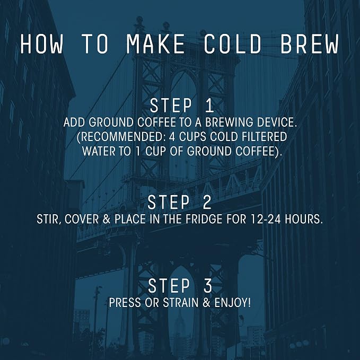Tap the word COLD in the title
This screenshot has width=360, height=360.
(233, 43)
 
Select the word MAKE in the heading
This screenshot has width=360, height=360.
(156, 43)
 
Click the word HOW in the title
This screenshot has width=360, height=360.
(41, 43)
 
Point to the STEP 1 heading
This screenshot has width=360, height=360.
(182, 106)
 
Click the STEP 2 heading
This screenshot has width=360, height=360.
(180, 203)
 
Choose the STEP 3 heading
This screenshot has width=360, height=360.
(180, 286)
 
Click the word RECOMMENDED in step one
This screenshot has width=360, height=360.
(122, 137)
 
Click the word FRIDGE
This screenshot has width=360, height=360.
(204, 219)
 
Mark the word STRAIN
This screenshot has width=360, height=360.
(181, 303)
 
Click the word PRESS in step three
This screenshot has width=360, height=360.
(125, 303)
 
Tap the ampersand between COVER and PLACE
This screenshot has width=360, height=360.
(107, 219)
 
